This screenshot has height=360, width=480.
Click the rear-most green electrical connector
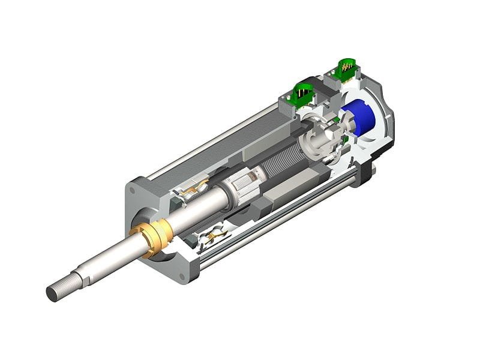click(x=347, y=69)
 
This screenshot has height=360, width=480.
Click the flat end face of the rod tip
click(x=51, y=294)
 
